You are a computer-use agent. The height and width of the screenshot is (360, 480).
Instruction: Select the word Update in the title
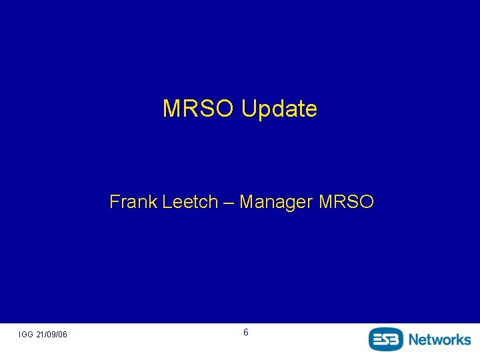(x=279, y=109)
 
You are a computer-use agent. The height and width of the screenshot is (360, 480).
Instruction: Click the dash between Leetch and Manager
(x=229, y=201)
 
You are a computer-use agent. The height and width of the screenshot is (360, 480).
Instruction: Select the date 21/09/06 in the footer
(x=52, y=334)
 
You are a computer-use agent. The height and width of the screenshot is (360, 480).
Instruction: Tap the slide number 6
(x=246, y=332)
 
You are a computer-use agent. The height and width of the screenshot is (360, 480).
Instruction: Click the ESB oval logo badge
(x=387, y=339)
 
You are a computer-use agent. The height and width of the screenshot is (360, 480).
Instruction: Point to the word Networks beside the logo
(x=439, y=339)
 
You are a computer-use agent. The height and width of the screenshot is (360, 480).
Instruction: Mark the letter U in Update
(x=249, y=109)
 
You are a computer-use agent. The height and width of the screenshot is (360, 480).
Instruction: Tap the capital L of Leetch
(x=167, y=201)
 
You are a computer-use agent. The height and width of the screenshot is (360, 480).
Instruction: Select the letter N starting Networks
(x=414, y=339)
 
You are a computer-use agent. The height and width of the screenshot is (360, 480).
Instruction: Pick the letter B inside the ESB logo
(x=397, y=339)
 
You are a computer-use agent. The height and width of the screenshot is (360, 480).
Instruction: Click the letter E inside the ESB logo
(x=377, y=339)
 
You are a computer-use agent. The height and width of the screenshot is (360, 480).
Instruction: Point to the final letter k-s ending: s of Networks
(x=467, y=340)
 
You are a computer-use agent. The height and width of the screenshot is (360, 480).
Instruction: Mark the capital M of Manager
(x=246, y=201)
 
